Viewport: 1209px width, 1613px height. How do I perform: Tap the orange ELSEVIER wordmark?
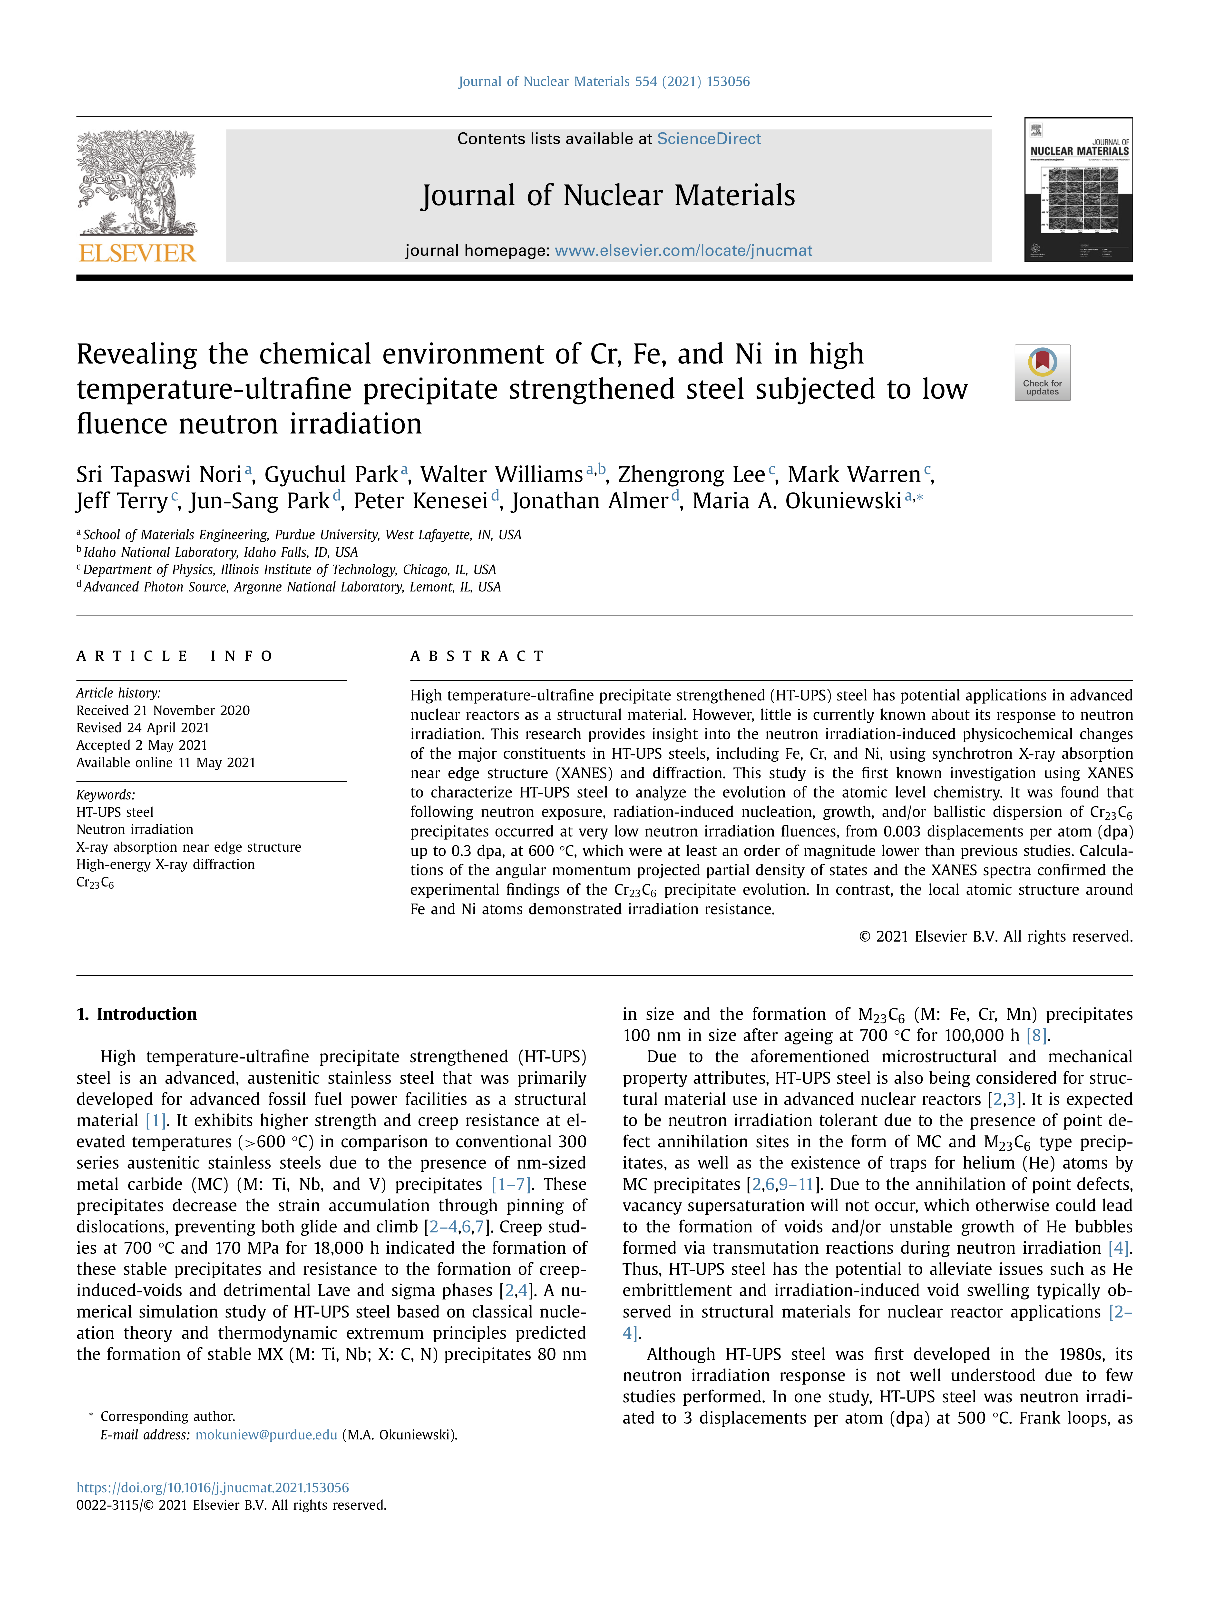(137, 253)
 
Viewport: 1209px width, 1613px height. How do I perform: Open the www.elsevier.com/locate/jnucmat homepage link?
(683, 251)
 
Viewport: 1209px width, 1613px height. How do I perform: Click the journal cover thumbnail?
(1078, 190)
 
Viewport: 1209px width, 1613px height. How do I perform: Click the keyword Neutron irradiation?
(135, 829)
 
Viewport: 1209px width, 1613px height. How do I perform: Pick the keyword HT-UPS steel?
(115, 812)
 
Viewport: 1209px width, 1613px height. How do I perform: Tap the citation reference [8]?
(1036, 1035)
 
